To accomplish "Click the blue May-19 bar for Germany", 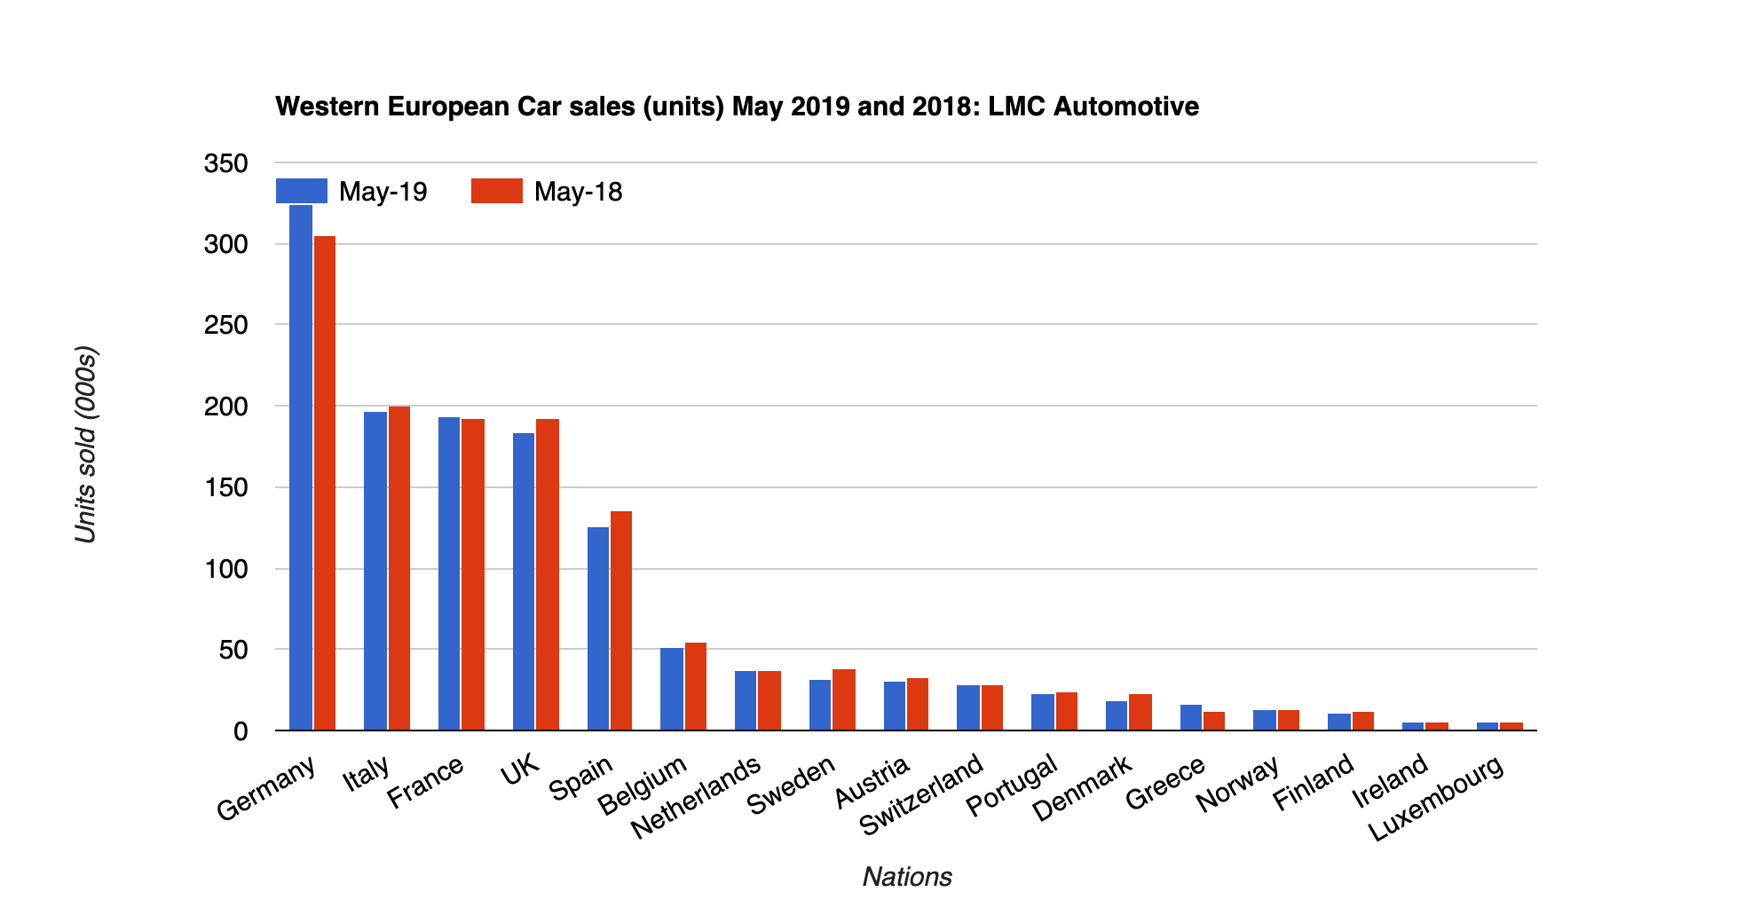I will [301, 470].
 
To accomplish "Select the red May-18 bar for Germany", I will [325, 484].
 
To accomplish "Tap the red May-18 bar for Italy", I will [399, 568].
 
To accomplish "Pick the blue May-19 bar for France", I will [449, 573].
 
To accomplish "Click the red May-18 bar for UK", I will [548, 574].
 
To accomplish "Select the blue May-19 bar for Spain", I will [598, 628].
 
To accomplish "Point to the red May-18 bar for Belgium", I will [696, 686].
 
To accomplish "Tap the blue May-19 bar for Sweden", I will [820, 705].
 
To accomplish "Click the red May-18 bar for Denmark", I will [1140, 712].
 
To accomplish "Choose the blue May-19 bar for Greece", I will [1191, 717].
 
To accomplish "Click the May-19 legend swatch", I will [302, 191].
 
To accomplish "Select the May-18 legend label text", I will [578, 192].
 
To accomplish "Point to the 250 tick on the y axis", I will [225, 325].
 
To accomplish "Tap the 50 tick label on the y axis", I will [233, 650].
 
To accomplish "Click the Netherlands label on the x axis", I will [696, 796].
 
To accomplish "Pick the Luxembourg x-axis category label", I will [1435, 798].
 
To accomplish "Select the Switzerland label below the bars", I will [921, 794].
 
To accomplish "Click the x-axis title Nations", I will [906, 877].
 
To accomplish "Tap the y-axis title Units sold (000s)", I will [85, 444].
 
